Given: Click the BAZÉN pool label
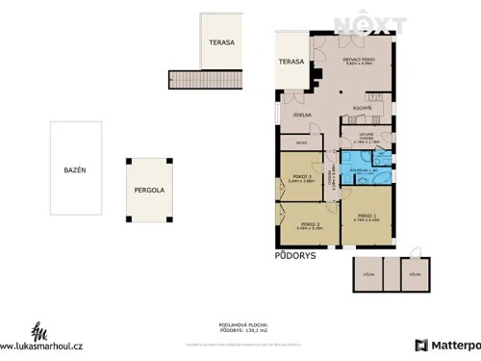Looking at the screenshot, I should tap(75, 169).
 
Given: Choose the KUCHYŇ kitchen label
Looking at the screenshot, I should tap(362, 108).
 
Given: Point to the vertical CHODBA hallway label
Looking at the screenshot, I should tap(332, 179).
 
